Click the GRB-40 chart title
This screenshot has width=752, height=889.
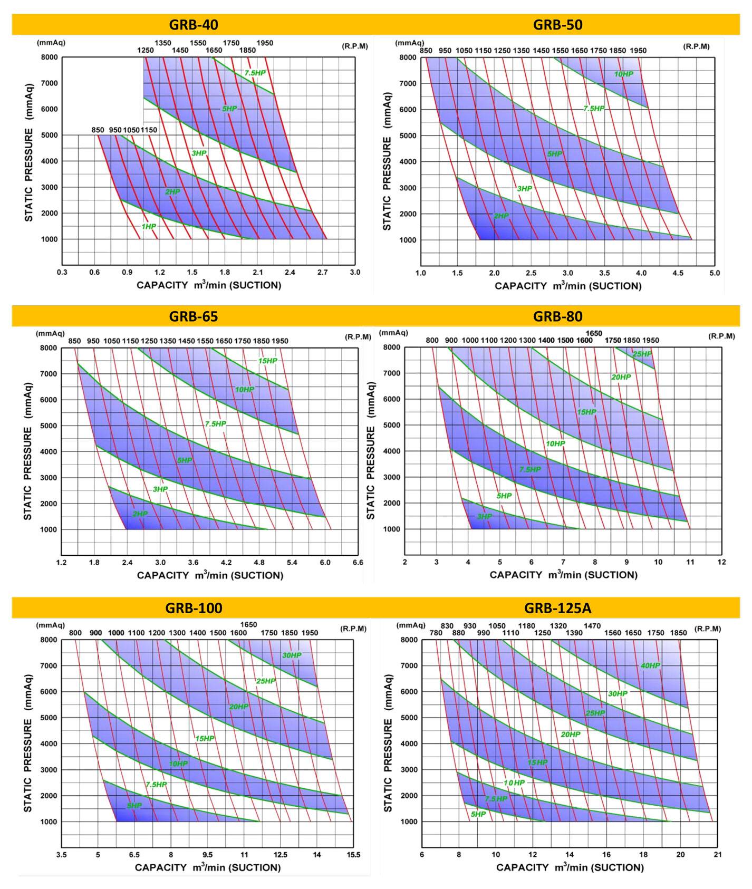coord(193,25)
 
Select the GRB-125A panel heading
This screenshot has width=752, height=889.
coord(557,608)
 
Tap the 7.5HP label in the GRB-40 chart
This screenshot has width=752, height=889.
coord(255,73)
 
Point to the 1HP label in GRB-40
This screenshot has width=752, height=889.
coord(149,226)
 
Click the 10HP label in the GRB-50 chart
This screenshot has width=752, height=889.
coord(623,74)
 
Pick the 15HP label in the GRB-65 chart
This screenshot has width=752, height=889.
coord(267,361)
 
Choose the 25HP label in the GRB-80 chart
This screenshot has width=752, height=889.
coord(642,354)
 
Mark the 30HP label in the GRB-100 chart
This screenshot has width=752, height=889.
coord(292,655)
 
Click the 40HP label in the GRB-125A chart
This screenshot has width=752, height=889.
coord(650,665)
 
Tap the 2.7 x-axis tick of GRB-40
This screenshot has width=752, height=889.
coord(323,273)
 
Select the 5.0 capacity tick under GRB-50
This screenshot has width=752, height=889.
coord(714,273)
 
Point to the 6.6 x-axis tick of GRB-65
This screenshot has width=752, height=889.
coord(358,563)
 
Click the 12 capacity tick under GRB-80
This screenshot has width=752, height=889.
coord(721,562)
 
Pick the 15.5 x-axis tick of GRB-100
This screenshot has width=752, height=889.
coord(353,855)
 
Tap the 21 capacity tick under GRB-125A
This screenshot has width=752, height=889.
coord(717,855)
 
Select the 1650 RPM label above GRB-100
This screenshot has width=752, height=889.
coord(248,625)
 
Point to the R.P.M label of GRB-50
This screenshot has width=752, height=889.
coord(696,46)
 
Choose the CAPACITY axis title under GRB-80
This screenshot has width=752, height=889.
coord(563,575)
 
